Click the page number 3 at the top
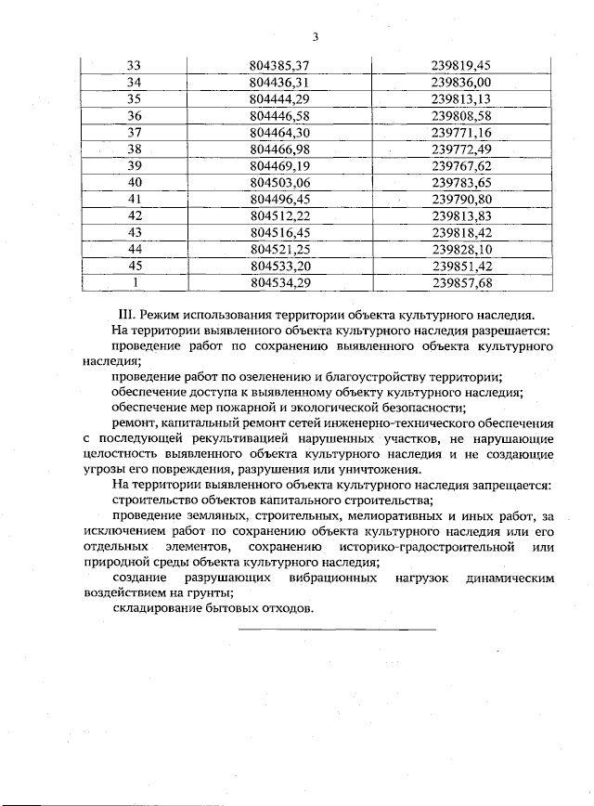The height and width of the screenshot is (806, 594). (x=315, y=37)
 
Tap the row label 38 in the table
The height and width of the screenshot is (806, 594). (x=134, y=149)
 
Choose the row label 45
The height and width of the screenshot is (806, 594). (x=134, y=266)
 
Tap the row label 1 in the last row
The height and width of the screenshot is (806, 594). (x=134, y=282)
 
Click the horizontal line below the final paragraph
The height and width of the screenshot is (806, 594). (x=337, y=630)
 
